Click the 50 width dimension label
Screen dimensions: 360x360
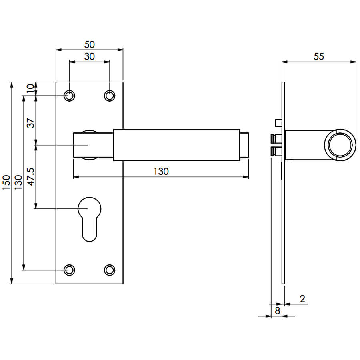point(89,44)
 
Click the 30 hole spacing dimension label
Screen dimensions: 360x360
point(89,56)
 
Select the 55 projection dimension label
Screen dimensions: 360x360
point(319,56)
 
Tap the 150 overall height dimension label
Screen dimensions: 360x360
point(6,182)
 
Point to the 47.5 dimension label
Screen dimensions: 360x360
point(30,176)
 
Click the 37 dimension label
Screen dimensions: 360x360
point(30,123)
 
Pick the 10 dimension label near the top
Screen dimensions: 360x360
point(30,88)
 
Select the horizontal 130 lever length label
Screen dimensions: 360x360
point(161,172)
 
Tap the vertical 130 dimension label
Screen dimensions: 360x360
point(18,182)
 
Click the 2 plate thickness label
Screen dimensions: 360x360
point(302,299)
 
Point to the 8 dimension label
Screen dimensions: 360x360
point(277,311)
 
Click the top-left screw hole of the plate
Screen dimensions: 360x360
point(69,96)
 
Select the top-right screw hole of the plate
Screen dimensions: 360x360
point(110,96)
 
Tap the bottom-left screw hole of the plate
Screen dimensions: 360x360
point(69,270)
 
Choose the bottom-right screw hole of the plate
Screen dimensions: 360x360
point(110,270)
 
